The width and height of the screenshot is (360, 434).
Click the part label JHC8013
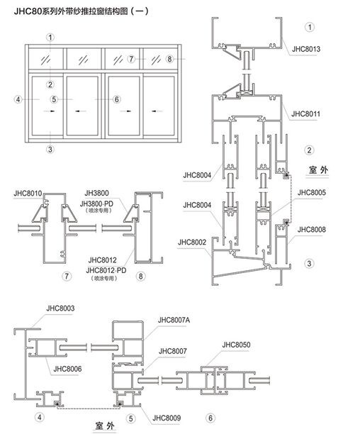click(306, 49)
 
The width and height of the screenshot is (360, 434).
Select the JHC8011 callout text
click(305, 113)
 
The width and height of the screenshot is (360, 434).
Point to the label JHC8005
click(312, 193)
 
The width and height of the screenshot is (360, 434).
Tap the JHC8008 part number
click(312, 230)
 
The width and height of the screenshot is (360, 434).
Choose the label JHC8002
click(192, 243)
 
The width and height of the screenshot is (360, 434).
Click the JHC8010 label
click(28, 193)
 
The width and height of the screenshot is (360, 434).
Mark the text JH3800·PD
click(96, 204)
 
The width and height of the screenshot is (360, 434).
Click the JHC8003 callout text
click(60, 308)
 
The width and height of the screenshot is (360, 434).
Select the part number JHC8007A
click(174, 321)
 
